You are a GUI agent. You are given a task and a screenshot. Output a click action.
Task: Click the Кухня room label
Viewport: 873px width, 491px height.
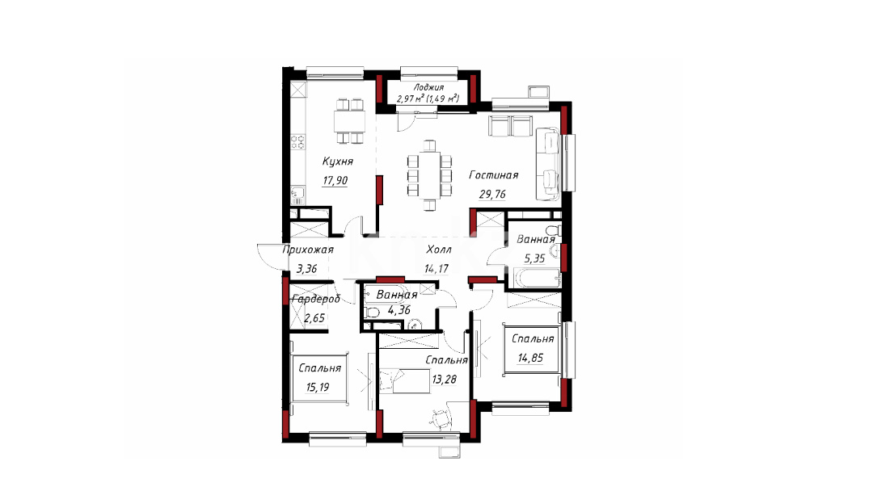click(x=337, y=162)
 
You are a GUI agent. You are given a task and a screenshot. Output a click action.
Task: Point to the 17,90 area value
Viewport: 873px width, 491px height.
click(x=335, y=181)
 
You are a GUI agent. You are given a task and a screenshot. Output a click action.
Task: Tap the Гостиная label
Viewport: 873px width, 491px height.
click(x=493, y=175)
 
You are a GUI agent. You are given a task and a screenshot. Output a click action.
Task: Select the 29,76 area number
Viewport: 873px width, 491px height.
click(x=492, y=194)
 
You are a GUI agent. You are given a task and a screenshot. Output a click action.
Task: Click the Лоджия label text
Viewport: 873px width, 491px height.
click(x=428, y=87)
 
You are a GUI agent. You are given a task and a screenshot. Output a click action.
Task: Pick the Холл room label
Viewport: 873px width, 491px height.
click(x=439, y=250)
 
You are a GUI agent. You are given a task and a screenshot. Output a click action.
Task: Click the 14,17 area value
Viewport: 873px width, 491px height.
click(x=436, y=269)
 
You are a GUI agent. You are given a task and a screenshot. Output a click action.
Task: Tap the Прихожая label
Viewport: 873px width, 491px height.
click(x=308, y=250)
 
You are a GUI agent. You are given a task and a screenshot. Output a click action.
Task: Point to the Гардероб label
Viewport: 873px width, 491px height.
click(x=316, y=299)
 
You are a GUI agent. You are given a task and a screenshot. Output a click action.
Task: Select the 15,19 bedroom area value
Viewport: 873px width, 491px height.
click(x=318, y=387)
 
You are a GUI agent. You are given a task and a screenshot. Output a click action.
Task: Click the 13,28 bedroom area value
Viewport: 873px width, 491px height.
click(x=445, y=380)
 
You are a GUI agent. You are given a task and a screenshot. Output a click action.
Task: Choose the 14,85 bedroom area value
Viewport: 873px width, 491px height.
click(x=530, y=358)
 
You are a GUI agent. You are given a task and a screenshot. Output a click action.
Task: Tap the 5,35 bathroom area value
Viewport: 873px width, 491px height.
click(x=533, y=258)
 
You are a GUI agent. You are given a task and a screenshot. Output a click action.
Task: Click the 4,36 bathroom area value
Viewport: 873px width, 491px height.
click(x=399, y=310)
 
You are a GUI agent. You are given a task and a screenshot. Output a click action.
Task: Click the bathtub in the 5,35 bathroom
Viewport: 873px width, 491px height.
click(x=536, y=278)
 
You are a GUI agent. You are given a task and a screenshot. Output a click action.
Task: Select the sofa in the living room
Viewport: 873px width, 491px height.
click(x=547, y=163)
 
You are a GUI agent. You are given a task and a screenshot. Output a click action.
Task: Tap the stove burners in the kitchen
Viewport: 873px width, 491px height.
click(x=298, y=142)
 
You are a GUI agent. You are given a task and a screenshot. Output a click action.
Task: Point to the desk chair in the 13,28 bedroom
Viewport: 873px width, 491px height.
click(x=441, y=418)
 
